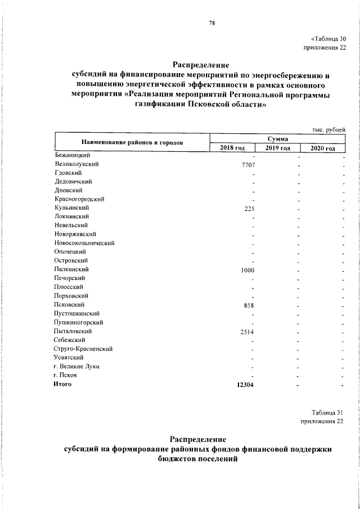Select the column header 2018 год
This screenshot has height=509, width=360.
[232, 148]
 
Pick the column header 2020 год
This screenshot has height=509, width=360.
[323, 148]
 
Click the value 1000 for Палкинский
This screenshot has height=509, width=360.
[249, 270]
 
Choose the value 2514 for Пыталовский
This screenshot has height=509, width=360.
[249, 332]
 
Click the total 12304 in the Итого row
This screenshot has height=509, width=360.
[247, 385]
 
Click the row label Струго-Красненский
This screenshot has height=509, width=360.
[83, 349]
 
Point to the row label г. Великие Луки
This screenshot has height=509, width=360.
[76, 367]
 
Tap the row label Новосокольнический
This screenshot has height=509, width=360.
[84, 243]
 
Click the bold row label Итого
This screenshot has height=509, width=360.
[64, 384]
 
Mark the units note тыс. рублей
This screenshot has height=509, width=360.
[328, 129]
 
